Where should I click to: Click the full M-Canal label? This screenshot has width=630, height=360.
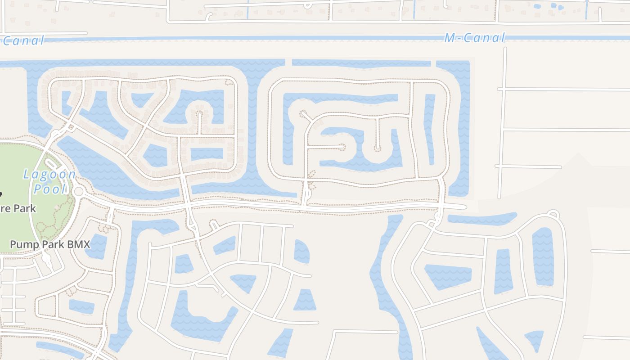(475, 38)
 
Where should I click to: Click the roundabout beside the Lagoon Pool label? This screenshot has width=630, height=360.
(79, 192)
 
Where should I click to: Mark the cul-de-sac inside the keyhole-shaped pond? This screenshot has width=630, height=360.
(199, 113)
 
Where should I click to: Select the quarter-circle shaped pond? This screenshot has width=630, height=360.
(301, 251)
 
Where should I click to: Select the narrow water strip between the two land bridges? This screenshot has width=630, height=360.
(361, 63)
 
